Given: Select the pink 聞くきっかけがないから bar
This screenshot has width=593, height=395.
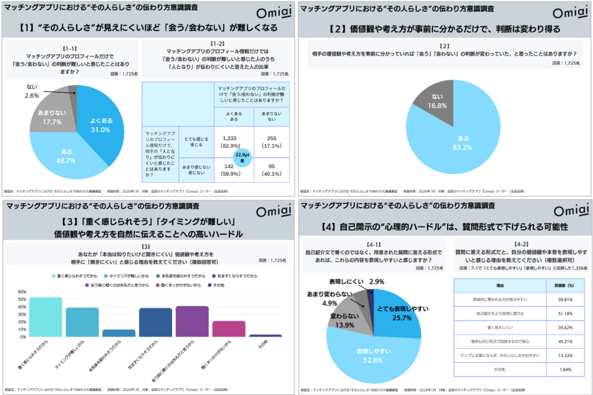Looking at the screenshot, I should click(229, 328).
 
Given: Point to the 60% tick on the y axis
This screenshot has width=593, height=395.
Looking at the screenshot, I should click(21, 292).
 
